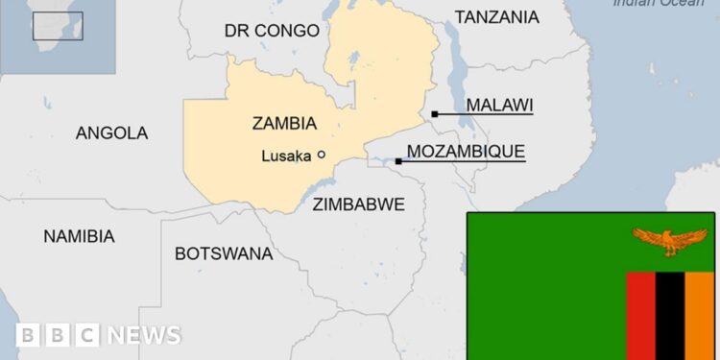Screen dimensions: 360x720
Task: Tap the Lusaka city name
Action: point(286,155)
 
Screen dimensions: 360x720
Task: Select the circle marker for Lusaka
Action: point(322,154)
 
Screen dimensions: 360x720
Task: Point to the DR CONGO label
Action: point(272,31)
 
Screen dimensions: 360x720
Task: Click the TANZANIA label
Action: point(496,17)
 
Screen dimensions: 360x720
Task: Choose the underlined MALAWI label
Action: point(499,106)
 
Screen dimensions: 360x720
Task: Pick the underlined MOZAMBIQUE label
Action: point(466,152)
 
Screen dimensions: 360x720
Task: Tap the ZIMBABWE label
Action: point(358,204)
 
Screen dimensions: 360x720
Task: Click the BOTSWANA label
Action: point(223,254)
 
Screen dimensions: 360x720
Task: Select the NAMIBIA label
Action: point(79,236)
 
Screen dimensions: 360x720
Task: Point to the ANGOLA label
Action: point(111,133)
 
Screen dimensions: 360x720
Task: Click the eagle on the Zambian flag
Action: point(669,240)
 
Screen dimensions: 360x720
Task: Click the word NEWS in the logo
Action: point(143,335)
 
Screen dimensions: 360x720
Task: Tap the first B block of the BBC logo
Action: point(29,335)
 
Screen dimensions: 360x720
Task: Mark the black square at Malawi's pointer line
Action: point(435,113)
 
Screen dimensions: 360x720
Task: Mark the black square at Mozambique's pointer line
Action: point(398,161)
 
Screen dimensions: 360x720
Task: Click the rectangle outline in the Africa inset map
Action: point(58,26)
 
